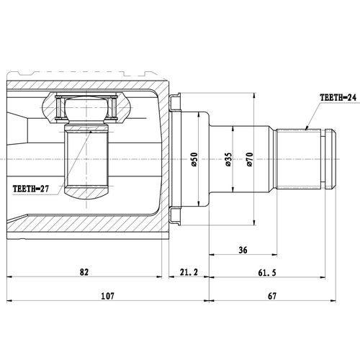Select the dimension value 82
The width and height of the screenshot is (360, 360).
click(x=84, y=271)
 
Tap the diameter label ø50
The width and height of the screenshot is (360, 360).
click(x=195, y=160)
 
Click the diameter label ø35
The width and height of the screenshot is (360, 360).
click(x=228, y=160)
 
